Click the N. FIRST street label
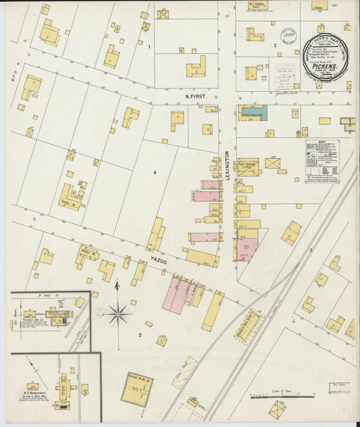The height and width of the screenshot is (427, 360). click(195, 97)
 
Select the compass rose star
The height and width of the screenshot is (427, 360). click(118, 313)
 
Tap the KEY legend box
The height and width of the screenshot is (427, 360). click(322, 161)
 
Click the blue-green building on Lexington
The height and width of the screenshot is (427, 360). click(255, 113)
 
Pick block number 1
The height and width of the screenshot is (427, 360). click(149, 47)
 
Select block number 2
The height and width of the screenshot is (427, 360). click(275, 45)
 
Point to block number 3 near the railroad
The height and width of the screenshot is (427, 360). click(310, 251)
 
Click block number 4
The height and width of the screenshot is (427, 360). click(154, 172)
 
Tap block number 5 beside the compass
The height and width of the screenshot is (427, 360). click(140, 334)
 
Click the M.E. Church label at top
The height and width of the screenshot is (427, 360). click(257, 5)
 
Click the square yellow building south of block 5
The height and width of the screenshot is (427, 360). click(137, 388)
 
